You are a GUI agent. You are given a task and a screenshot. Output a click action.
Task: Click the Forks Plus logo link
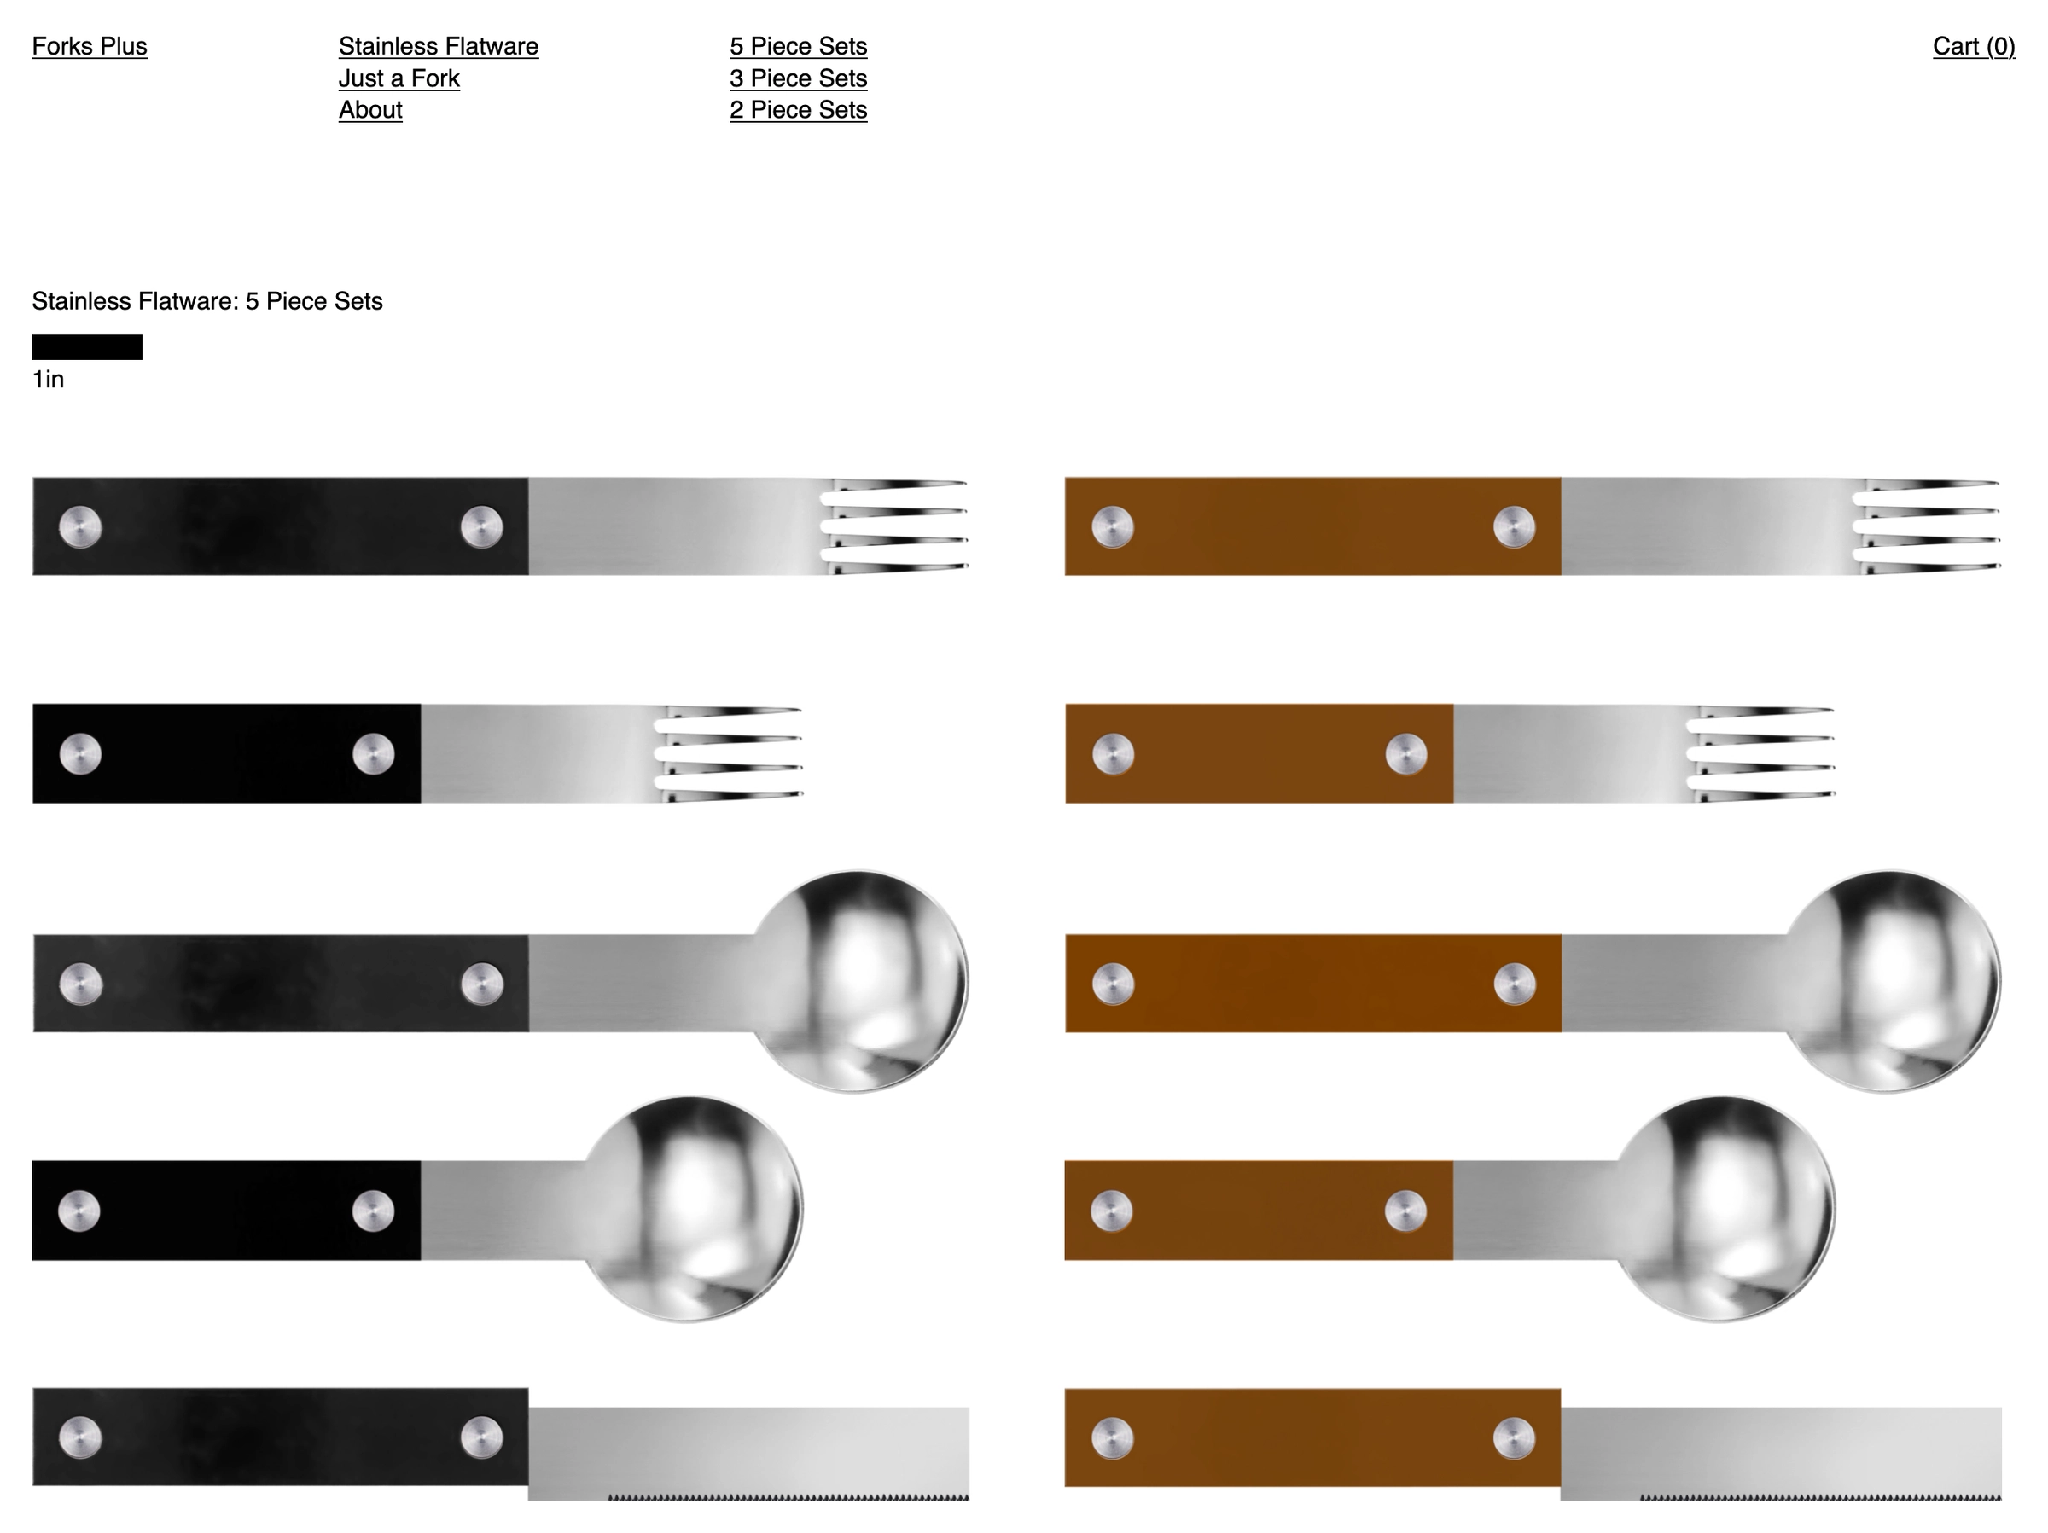(89, 46)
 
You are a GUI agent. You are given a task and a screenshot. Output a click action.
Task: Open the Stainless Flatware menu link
(438, 46)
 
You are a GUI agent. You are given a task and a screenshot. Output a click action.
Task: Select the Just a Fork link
(399, 78)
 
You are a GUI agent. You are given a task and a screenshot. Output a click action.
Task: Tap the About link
(370, 109)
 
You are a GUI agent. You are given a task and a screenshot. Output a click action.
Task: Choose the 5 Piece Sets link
(798, 46)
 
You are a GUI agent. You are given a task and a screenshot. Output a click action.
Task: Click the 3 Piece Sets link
(798, 78)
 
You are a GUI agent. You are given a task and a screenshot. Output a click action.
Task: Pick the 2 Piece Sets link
(798, 109)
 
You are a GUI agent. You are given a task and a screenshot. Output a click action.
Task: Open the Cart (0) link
(1973, 46)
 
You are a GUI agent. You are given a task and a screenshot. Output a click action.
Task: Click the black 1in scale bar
(87, 347)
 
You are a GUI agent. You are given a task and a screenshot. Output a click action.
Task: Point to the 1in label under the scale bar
(48, 380)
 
